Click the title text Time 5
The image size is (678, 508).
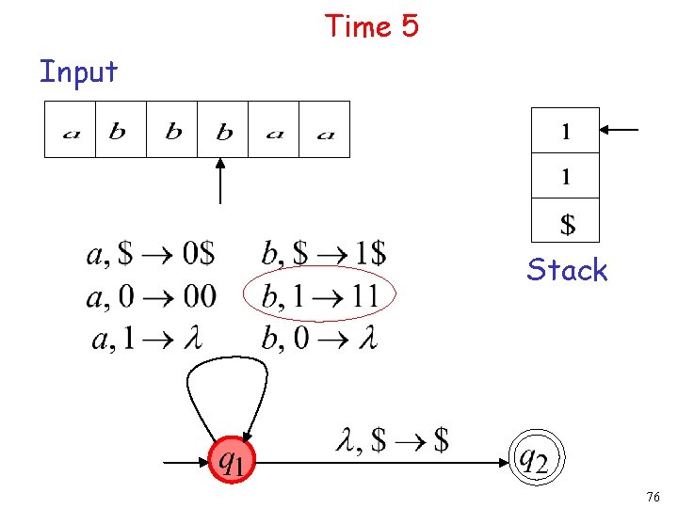[x=371, y=26]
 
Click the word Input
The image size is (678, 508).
[x=78, y=71]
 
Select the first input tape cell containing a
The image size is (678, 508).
[x=71, y=130]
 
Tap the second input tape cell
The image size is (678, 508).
[x=121, y=130]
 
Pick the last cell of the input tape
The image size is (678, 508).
[x=325, y=130]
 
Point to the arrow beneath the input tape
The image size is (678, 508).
[x=220, y=181]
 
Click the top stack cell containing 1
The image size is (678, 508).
[x=565, y=131]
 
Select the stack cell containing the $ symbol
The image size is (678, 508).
[x=565, y=223]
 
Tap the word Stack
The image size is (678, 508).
[x=567, y=270]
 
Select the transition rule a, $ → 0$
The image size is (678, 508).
[x=151, y=253]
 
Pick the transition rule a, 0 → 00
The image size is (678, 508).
[x=151, y=296]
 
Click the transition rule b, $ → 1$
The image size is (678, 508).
[x=323, y=253]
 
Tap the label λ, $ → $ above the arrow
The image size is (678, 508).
[x=392, y=438]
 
